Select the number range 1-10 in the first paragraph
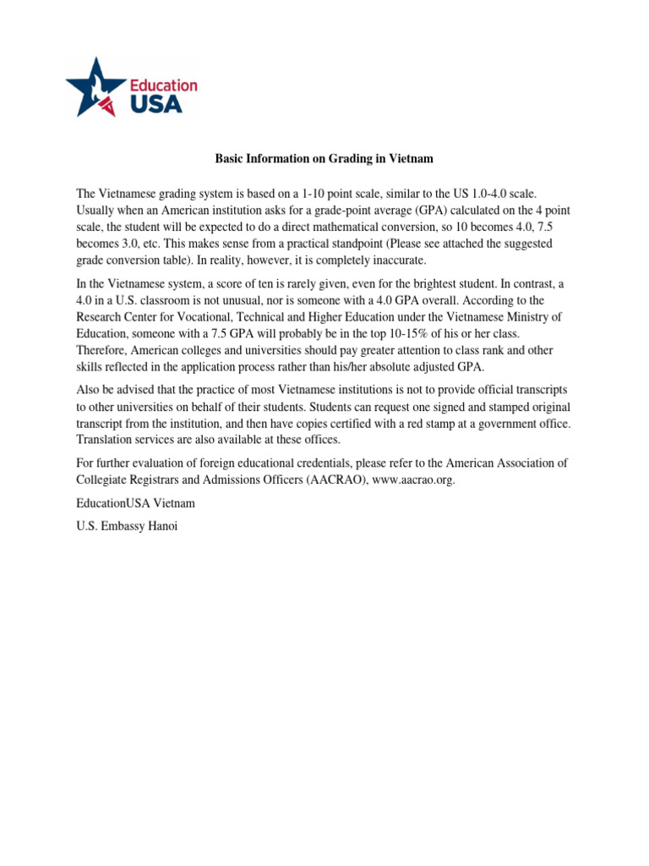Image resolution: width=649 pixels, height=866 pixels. click(x=328, y=194)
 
